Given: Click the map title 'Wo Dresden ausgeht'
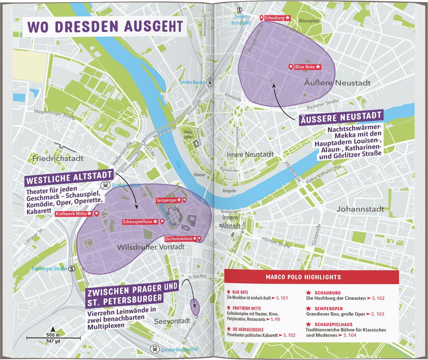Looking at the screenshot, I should (105, 26).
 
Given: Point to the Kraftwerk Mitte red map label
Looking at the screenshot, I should (74, 214).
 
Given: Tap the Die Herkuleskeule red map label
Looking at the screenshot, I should (181, 238).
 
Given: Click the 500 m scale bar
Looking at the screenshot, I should (53, 338).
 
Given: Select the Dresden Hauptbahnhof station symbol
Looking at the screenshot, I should (154, 349).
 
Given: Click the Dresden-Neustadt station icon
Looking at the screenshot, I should (210, 82).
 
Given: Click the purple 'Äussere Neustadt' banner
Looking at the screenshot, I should (341, 118).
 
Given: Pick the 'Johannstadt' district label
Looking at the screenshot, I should (360, 209).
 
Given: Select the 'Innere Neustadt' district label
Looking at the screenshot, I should (250, 154).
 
